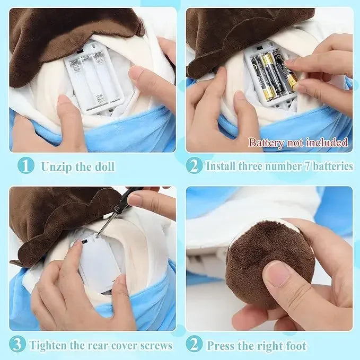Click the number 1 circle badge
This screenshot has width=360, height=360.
pos(25,166)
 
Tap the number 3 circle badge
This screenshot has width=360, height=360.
pos(17,345)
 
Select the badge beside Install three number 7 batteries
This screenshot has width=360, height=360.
pos(194,166)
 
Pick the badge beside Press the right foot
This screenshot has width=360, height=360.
pos(194,345)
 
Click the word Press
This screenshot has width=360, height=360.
pos(222,345)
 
